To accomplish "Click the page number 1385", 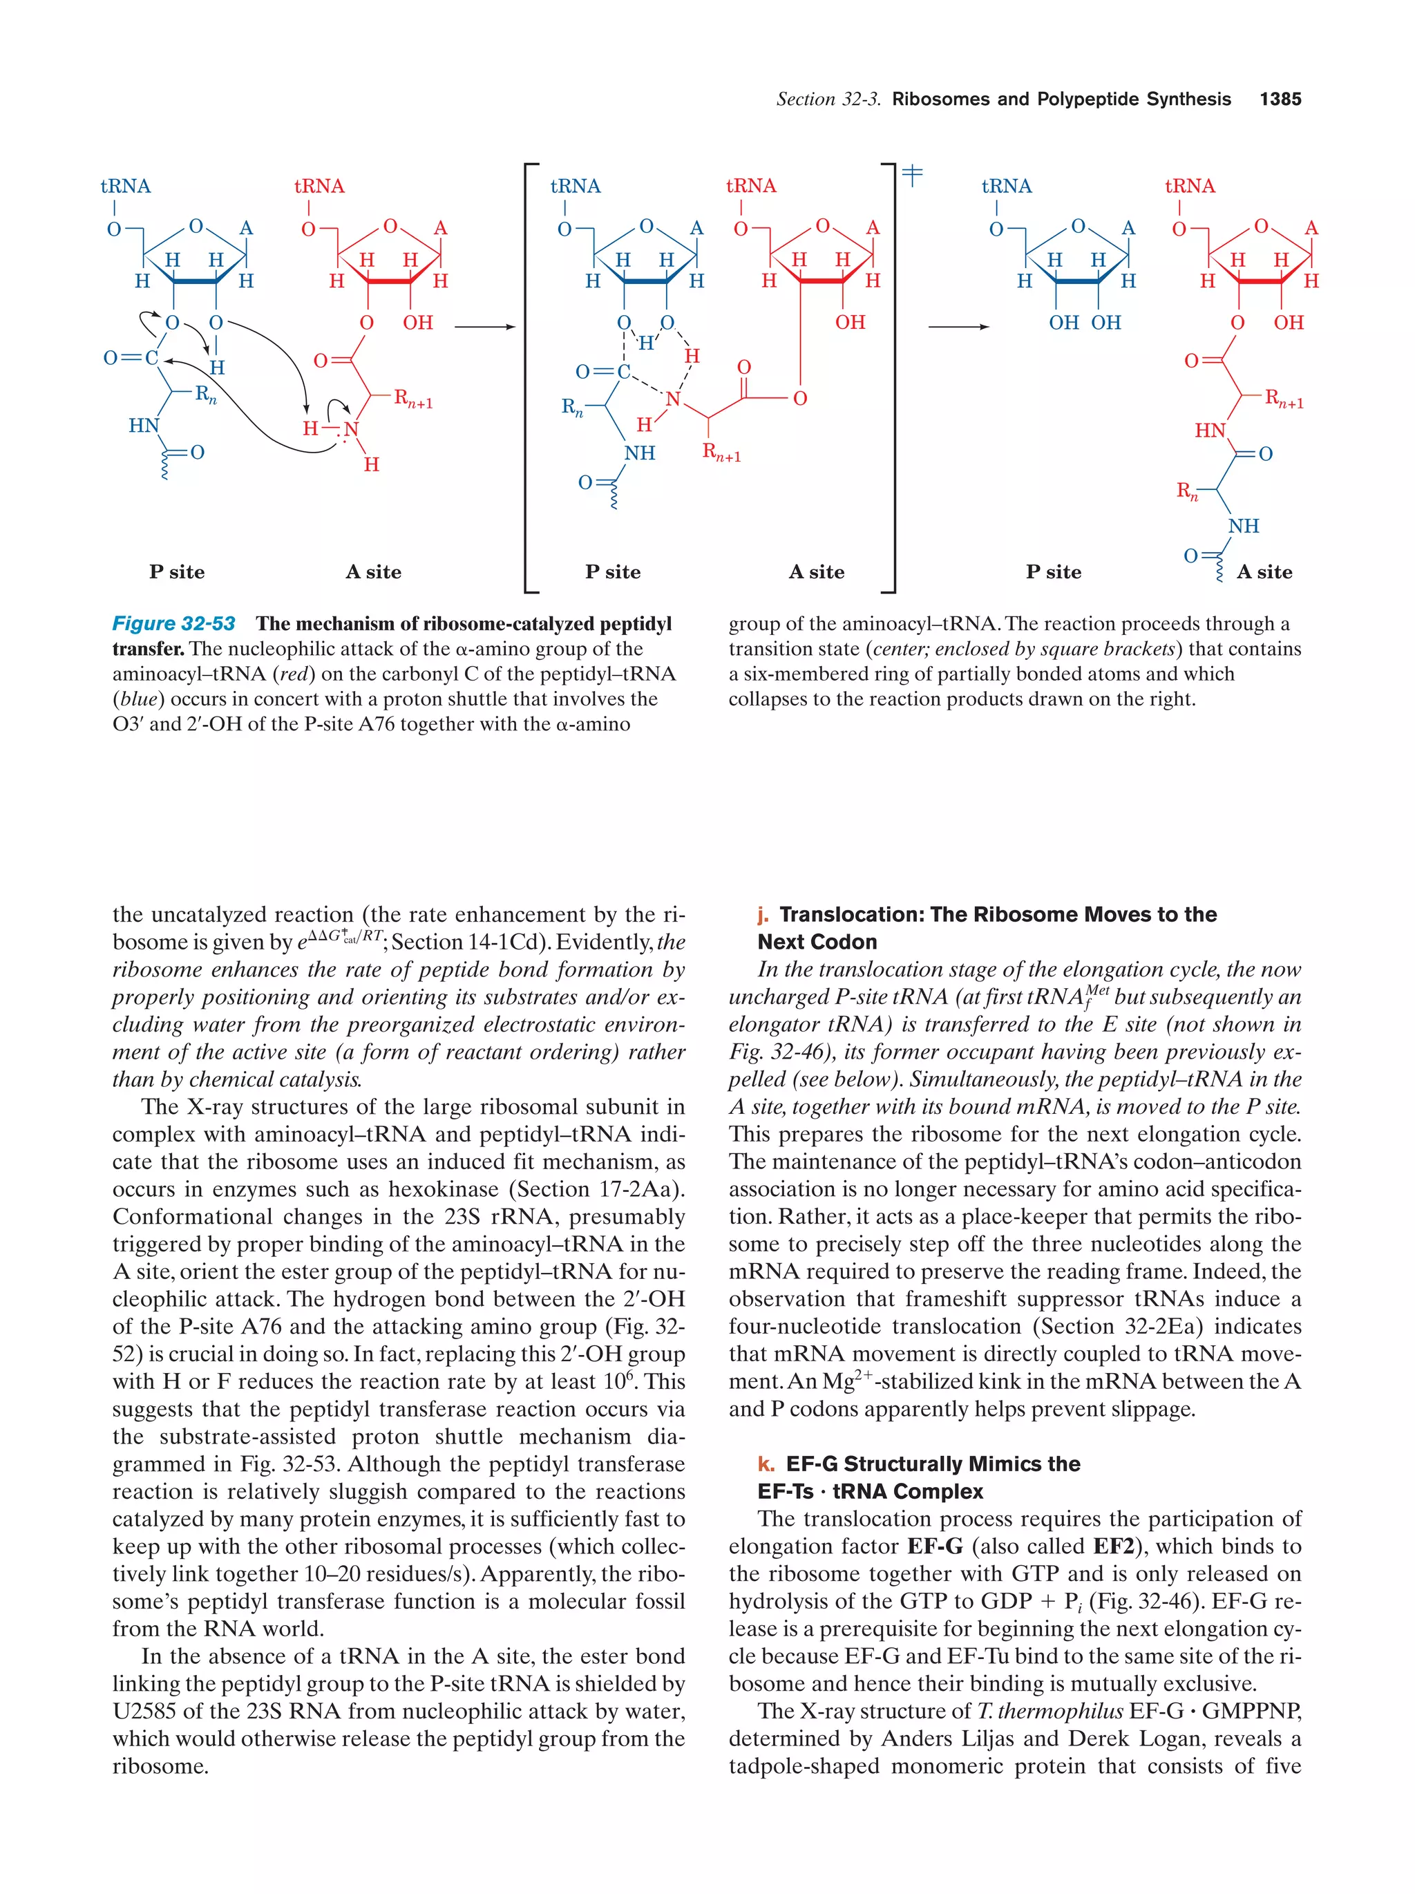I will pyautogui.click(x=1279, y=100).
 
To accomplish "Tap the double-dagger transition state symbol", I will pyautogui.click(x=913, y=175).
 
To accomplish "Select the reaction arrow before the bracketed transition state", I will pyautogui.click(x=484, y=326).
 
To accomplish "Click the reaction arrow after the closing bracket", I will pyautogui.click(x=958, y=326).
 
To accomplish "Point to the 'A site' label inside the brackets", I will pyautogui.click(x=816, y=572).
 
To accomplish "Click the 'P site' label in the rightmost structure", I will pyautogui.click(x=1053, y=572).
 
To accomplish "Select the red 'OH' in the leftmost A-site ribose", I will pyautogui.click(x=418, y=323).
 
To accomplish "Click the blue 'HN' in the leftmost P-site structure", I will pyautogui.click(x=144, y=426).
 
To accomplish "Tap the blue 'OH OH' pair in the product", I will pyautogui.click(x=1085, y=323).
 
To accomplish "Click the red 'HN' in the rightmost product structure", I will pyautogui.click(x=1210, y=430).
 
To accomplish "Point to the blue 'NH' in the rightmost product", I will pyautogui.click(x=1243, y=526).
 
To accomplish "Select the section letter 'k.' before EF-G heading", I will pyautogui.click(x=766, y=1464).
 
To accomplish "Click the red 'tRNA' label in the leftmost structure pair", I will pyautogui.click(x=319, y=187).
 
